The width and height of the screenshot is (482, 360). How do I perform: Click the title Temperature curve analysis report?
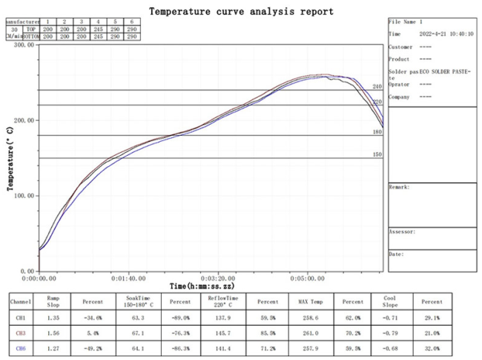tap(241, 11)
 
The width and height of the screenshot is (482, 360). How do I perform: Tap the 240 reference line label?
tap(377, 87)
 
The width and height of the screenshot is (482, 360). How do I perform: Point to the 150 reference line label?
tap(377, 154)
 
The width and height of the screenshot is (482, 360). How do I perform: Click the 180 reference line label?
tap(377, 132)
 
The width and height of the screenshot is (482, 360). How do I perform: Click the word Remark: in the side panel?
tap(399, 187)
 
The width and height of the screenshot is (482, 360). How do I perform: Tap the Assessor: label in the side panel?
tap(402, 232)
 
